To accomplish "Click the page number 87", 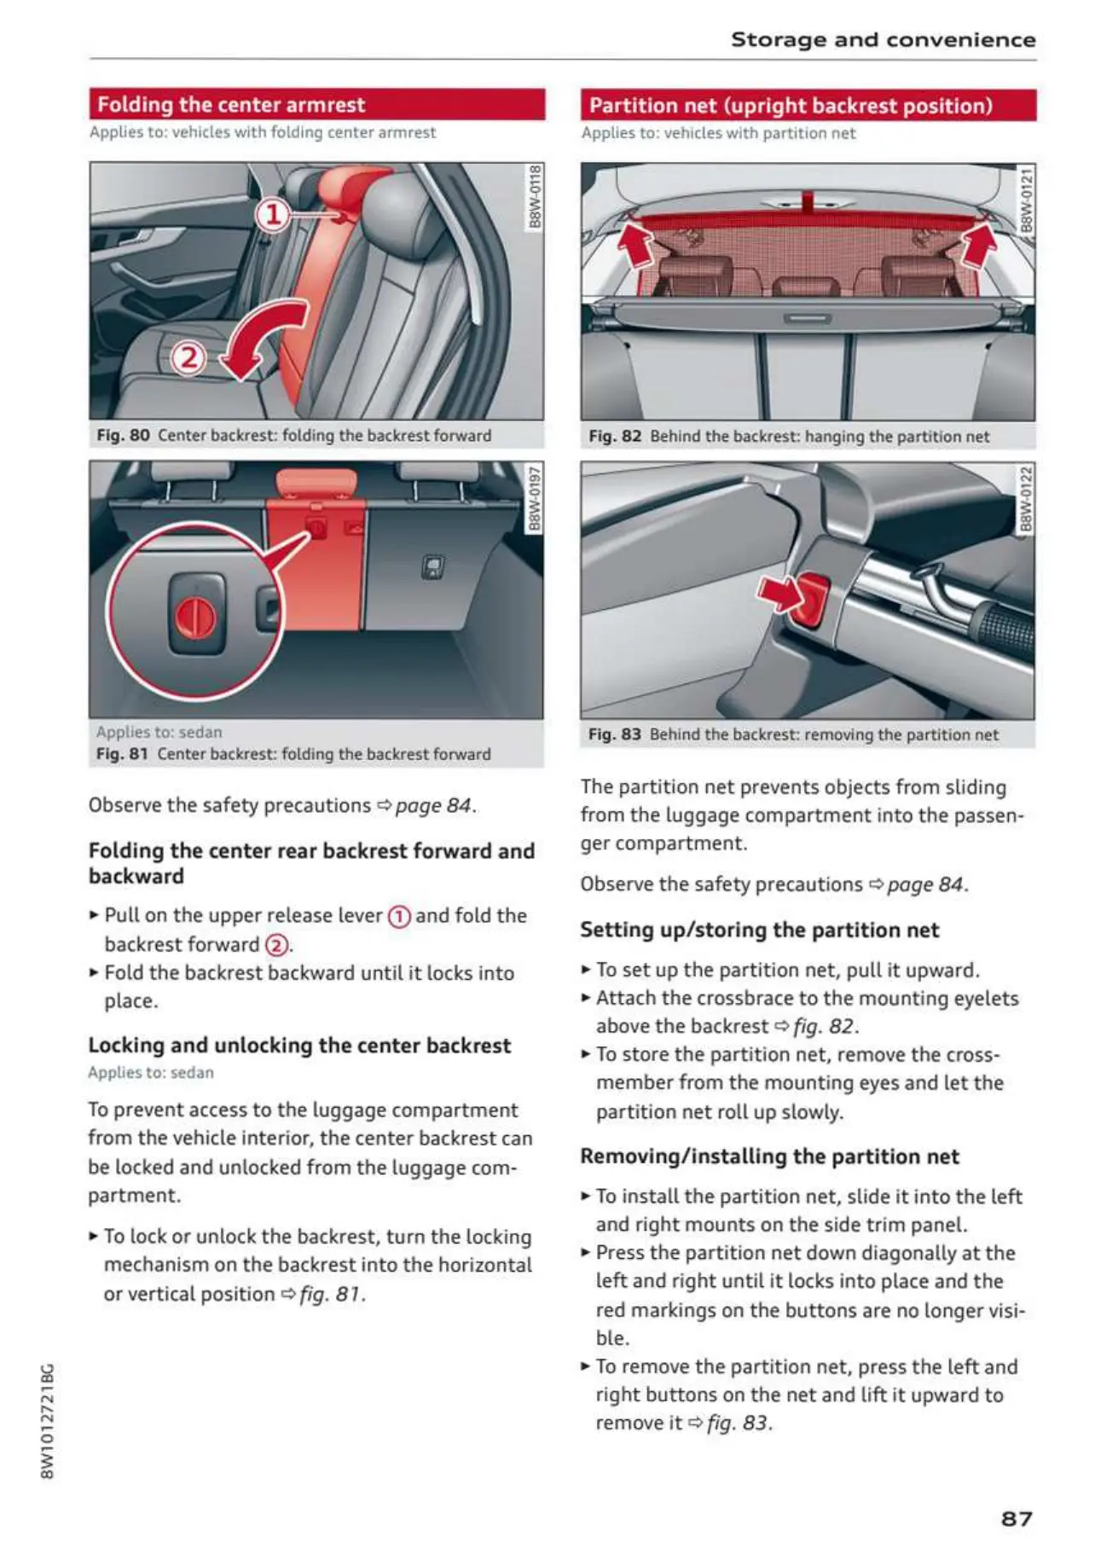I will point(1016,1518).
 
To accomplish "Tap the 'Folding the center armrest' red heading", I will point(231,105).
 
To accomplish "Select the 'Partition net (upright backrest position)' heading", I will point(791,106).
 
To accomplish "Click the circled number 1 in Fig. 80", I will point(273,214).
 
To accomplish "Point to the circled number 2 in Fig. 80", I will point(188,357).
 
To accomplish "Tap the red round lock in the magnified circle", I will point(195,618).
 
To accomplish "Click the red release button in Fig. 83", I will point(813,600).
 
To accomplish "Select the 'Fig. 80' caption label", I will point(123,435).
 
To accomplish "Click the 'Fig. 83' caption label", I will point(614,734).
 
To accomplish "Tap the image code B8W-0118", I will point(535,197).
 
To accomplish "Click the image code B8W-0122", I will point(1026,498).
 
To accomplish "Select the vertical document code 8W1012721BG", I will point(48,1421).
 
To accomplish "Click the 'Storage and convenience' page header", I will point(883,40).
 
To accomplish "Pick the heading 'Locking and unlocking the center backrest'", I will point(299,1046).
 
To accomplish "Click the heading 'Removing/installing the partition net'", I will point(769,1157).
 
